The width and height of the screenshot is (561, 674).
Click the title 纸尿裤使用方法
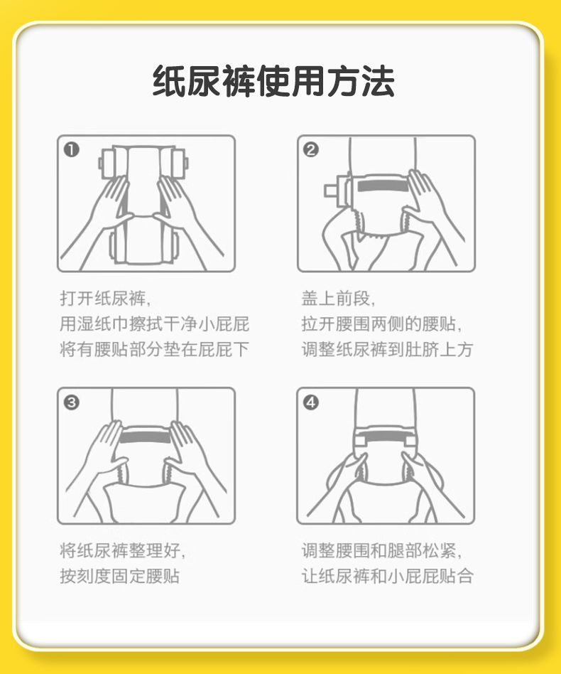click(x=273, y=81)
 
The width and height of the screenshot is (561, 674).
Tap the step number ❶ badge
click(x=71, y=149)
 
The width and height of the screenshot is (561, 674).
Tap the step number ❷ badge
click(x=311, y=149)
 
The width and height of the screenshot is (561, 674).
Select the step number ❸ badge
click(x=71, y=402)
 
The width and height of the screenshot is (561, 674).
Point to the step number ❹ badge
click(x=311, y=402)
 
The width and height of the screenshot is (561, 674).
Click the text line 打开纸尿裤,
click(x=105, y=299)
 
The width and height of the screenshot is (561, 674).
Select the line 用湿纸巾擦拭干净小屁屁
click(x=155, y=323)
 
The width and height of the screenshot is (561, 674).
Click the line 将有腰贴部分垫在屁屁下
click(x=155, y=349)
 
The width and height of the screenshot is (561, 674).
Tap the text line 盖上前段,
click(x=338, y=299)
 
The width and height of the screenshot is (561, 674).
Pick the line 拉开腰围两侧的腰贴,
click(x=381, y=323)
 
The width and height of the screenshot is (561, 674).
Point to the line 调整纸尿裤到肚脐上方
click(x=387, y=349)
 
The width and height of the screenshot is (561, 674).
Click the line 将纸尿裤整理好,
click(x=123, y=550)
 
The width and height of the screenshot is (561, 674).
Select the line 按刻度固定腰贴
click(x=120, y=576)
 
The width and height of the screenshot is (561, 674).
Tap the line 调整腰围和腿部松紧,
click(x=381, y=550)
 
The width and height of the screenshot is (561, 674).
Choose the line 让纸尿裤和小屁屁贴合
click(x=387, y=576)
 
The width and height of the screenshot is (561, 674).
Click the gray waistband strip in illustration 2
click(x=383, y=186)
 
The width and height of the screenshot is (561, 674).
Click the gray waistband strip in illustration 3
click(x=146, y=437)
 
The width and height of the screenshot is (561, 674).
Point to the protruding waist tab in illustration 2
click(x=331, y=190)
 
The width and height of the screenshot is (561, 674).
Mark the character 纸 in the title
click(x=169, y=81)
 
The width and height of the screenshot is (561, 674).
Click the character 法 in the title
click(x=378, y=81)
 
